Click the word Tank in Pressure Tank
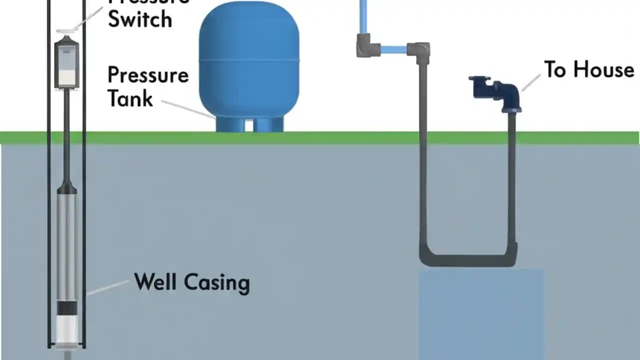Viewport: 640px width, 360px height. click(130, 98)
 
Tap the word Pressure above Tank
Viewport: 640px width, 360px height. click(148, 75)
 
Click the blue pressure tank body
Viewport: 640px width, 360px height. click(248, 65)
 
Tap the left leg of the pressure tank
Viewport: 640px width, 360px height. click(229, 125)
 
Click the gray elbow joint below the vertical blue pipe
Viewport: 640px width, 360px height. click(367, 46)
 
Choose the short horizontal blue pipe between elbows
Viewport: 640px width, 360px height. click(394, 49)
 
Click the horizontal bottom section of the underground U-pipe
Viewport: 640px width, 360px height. click(467, 260)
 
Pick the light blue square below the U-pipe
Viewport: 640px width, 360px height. click(481, 312)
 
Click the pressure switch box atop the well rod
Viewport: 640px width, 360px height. click(66, 64)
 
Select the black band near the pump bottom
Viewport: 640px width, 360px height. click(66, 307)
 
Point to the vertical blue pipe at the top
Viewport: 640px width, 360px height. click(364, 15)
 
